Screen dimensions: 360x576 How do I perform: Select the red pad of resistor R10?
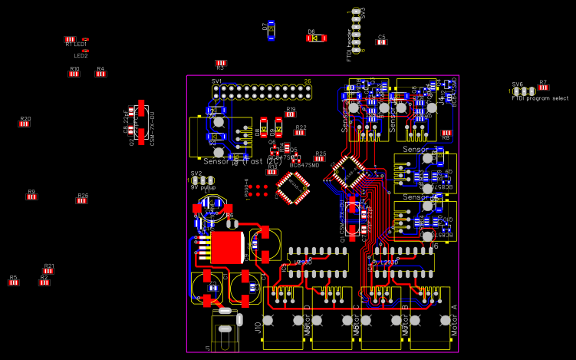74,74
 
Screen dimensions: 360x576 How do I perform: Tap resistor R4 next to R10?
100,74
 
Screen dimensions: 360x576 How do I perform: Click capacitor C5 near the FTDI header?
381,41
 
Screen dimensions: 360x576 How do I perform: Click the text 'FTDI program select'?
540,98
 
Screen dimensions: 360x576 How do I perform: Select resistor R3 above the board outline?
221,63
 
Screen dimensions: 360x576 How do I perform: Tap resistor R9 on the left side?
31,197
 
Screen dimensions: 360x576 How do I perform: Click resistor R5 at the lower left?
13,282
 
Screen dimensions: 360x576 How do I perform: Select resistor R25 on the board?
320,158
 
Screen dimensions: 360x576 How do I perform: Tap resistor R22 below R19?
300,132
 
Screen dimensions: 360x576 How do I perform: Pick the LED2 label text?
81,55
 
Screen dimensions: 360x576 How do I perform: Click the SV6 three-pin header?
524,91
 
